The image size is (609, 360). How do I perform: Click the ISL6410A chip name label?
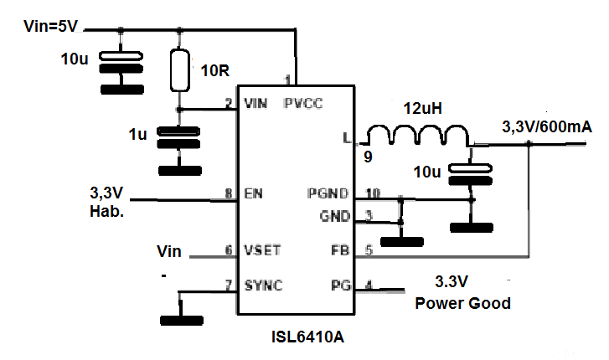[x=307, y=339]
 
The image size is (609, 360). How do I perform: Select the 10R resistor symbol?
[x=179, y=70]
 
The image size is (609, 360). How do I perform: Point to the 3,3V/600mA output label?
[x=547, y=127]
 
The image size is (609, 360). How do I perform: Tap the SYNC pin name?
[x=262, y=285]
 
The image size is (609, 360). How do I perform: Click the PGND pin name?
[x=328, y=194]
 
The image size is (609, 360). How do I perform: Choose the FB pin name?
[x=338, y=249]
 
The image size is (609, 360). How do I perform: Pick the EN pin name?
[x=251, y=194]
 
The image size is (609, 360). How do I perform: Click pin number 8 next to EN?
[x=229, y=193]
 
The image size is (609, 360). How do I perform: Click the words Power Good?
[x=462, y=303]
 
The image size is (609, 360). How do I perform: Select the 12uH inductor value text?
[x=416, y=108]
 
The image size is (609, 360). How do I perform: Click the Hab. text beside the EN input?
[x=106, y=212]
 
